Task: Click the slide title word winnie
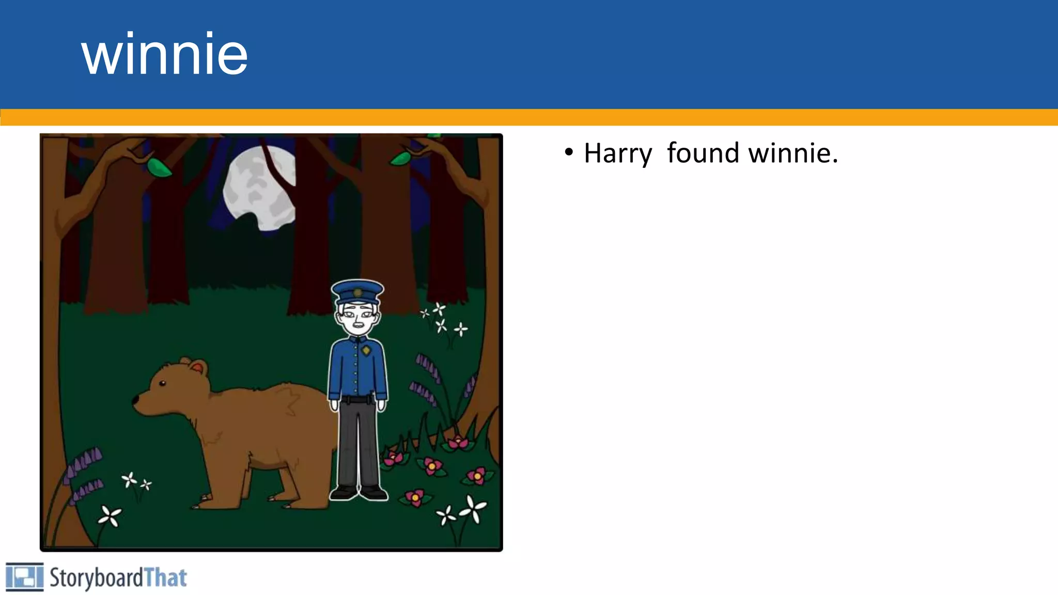[x=164, y=54]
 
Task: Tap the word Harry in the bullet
[x=618, y=154]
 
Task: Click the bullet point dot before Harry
[x=569, y=153]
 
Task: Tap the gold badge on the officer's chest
[x=366, y=351]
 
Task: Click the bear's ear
[x=197, y=367]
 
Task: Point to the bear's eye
[x=162, y=383]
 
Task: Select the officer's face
[x=358, y=317]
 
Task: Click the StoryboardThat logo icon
[x=24, y=577]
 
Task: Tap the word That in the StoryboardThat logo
[x=165, y=577]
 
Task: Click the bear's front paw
[x=204, y=502]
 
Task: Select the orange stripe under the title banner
[x=529, y=117]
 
